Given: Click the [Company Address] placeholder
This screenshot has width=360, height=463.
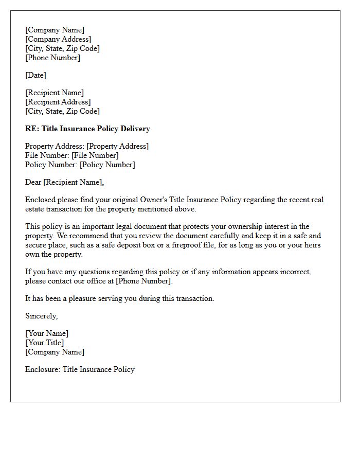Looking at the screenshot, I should [58, 39].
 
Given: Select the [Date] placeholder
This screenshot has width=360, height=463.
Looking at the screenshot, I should [35, 75].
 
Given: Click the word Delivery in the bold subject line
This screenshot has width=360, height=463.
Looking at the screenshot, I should [133, 129].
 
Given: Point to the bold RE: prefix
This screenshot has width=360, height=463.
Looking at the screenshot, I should [32, 129].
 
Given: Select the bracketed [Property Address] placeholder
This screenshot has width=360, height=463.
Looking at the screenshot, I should [117, 146].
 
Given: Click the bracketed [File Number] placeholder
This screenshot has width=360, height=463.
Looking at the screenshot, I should [95, 155].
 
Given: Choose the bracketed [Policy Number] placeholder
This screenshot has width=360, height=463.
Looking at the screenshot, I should [107, 165].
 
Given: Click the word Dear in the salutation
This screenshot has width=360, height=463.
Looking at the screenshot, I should [33, 182].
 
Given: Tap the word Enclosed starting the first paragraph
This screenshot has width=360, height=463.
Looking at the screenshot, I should [41, 200].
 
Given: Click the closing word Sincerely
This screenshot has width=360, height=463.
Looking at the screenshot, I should [41, 316].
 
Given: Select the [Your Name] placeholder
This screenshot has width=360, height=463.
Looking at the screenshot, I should [47, 333].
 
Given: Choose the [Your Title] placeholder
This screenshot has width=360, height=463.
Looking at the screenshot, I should [45, 343].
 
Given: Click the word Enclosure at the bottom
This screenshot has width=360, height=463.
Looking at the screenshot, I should [42, 369].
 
